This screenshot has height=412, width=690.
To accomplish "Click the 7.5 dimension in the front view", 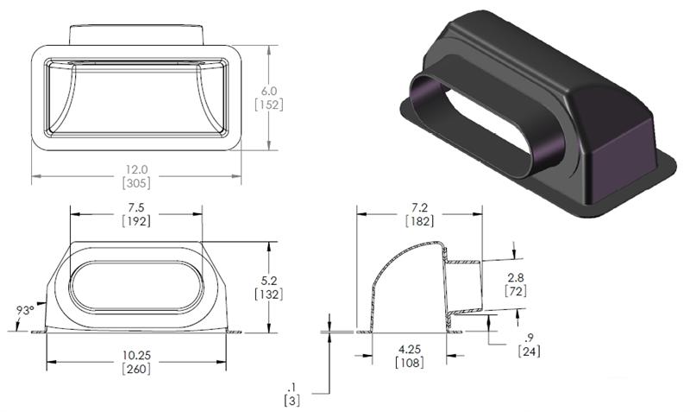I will [136, 208].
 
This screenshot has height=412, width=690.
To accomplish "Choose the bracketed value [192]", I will [136, 221].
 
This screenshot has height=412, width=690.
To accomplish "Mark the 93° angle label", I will [25, 309].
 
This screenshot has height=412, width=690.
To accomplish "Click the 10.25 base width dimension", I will [136, 356].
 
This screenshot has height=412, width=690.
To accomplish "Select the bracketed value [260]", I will [136, 369].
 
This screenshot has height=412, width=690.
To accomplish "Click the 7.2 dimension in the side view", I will [420, 208].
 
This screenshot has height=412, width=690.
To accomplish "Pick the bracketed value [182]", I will [420, 222].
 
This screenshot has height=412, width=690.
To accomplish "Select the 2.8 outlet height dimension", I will [515, 276].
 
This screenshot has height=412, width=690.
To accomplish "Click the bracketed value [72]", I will [515, 291].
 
